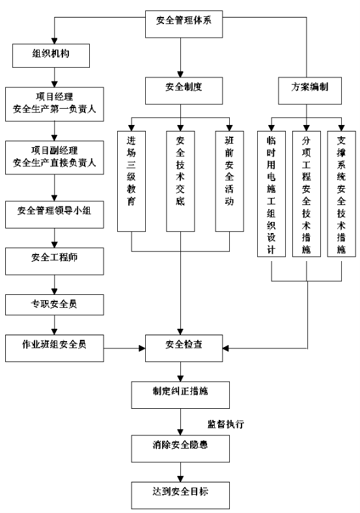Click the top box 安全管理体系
coord(184,24)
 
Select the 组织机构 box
coord(51,55)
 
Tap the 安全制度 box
coord(184,90)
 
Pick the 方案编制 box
coord(310,90)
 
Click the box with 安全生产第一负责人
coord(55,104)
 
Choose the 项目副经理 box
coord(55,158)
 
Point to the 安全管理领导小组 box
coord(55,215)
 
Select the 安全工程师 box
coord(55,261)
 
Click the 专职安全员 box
coord(55,305)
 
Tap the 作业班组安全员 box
coord(55,348)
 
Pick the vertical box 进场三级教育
coord(132,181)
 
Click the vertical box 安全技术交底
coord(180,181)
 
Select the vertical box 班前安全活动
coord(229,181)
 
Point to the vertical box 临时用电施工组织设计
coord(271,194)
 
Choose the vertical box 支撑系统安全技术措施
coord(341,194)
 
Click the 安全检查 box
coord(184,348)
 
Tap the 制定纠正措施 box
coord(180,395)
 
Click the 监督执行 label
coord(226,424)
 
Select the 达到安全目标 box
coord(180,495)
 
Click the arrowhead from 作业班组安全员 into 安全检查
coord(142,348)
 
